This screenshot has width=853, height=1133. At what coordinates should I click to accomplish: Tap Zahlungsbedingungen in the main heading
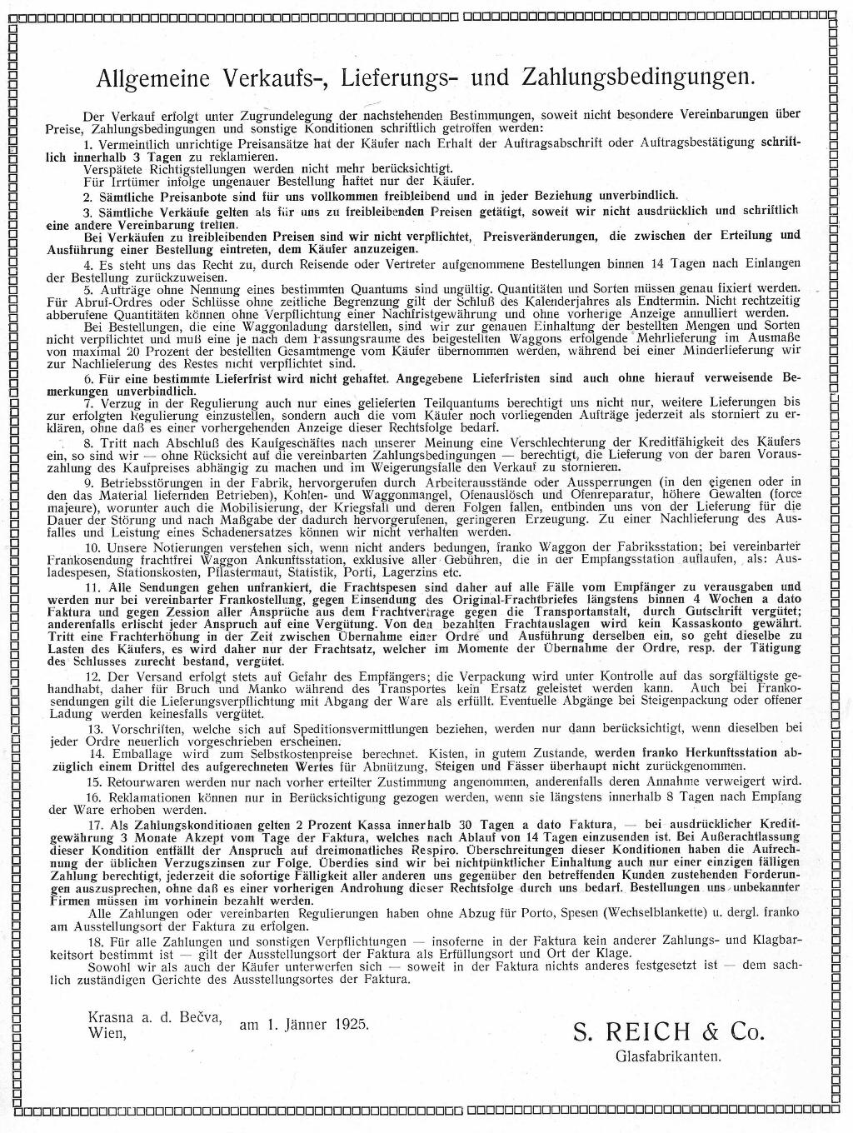tap(638, 78)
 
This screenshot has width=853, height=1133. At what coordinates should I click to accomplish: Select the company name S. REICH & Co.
tap(668, 1032)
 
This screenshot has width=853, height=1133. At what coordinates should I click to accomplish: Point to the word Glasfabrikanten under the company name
tap(668, 1057)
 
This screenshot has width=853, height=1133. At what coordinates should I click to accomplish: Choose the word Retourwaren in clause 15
tap(141, 781)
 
